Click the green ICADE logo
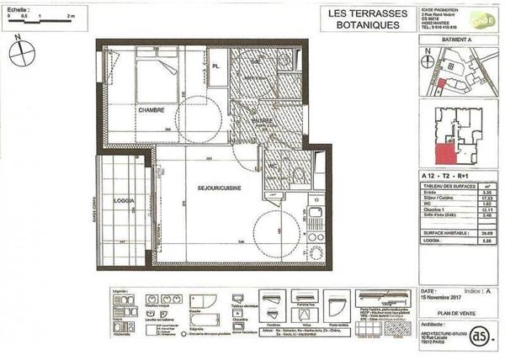pyautogui.click(x=484, y=20)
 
